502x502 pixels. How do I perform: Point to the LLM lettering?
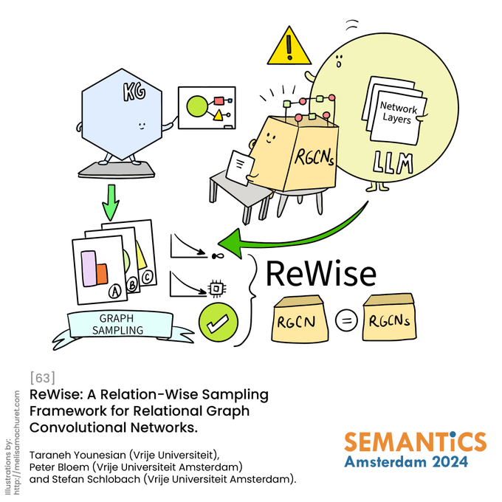pyautogui.click(x=394, y=162)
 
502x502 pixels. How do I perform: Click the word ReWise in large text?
pyautogui.click(x=320, y=273)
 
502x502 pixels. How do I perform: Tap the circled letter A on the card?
pyautogui.click(x=114, y=292)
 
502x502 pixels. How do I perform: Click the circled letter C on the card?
pyautogui.click(x=148, y=277)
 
